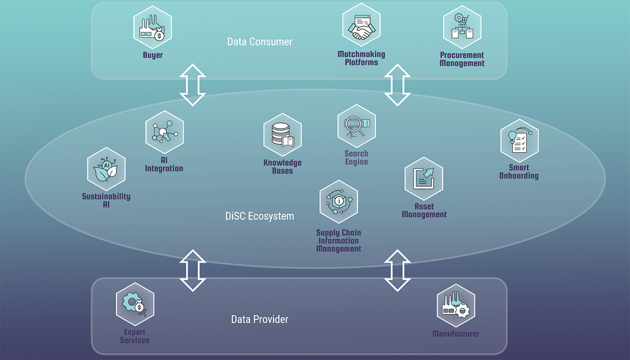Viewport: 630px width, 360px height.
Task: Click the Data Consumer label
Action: pyautogui.click(x=259, y=41)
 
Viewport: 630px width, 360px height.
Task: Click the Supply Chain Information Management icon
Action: pyautogui.click(x=339, y=203)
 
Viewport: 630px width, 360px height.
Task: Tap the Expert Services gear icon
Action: pyautogui.click(x=135, y=304)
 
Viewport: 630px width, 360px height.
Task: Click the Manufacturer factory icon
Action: pyautogui.click(x=456, y=306)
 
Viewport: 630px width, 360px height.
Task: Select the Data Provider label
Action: pyautogui.click(x=259, y=319)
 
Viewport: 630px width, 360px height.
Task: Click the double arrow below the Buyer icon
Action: pyautogui.click(x=192, y=85)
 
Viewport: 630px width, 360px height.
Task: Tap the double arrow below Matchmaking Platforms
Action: pyautogui.click(x=397, y=85)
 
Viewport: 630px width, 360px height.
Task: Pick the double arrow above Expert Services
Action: pyautogui.click(x=192, y=270)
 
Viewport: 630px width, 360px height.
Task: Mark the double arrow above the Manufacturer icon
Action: pyautogui.click(x=397, y=270)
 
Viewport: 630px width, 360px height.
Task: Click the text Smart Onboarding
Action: pyautogui.click(x=519, y=172)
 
